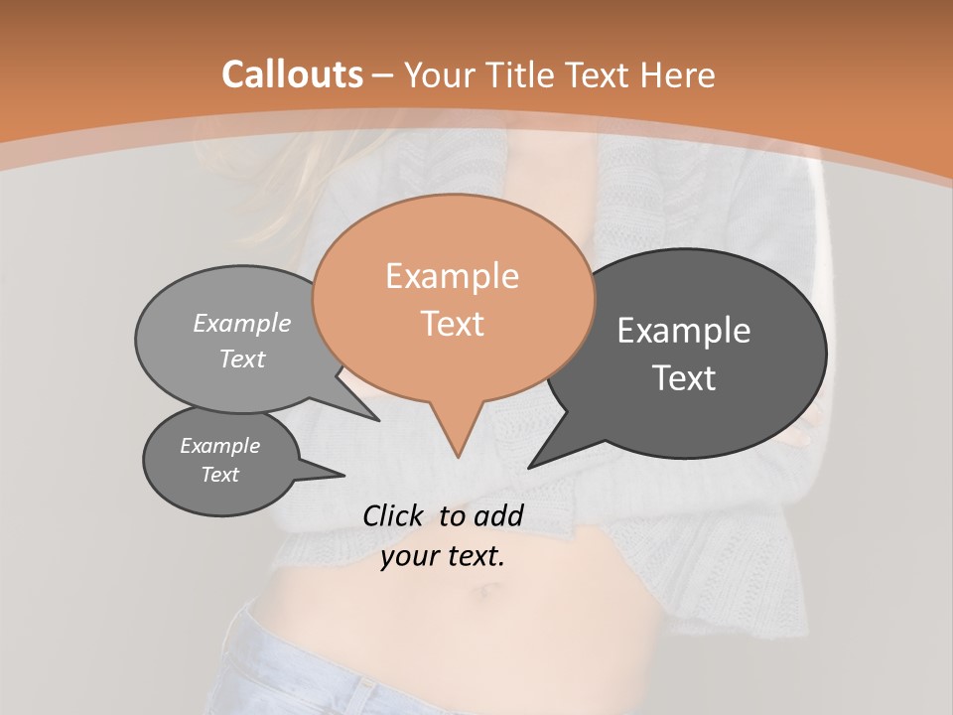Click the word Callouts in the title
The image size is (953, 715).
pos(292,74)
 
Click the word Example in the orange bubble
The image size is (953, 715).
pos(452,276)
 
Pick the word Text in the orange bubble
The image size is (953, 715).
pos(453,324)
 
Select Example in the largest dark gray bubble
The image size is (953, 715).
pos(684,331)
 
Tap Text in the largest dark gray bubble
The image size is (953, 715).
pos(684,378)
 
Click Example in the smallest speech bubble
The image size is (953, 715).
pos(219,446)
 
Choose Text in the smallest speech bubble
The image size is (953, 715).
pos(219,475)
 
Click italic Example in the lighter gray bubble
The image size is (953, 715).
pos(241,324)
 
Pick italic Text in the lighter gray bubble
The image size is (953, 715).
pos(241,358)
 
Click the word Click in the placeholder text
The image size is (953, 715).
pos(392,515)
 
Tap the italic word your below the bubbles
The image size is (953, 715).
pos(410,557)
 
